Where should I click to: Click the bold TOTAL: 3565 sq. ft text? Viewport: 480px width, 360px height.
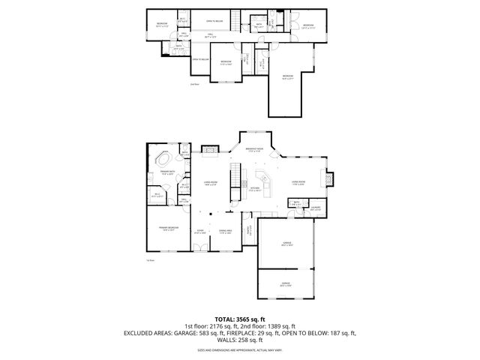click(240, 319)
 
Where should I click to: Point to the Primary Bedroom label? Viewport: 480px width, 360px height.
click(167, 229)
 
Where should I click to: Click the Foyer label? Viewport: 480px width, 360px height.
click(200, 231)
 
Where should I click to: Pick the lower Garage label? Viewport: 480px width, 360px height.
click(286, 284)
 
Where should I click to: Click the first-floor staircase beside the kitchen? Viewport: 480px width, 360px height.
click(241, 178)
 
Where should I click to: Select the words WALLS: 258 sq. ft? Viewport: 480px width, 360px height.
click(240, 340)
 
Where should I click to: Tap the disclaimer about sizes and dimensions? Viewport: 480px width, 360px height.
click(240, 349)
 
